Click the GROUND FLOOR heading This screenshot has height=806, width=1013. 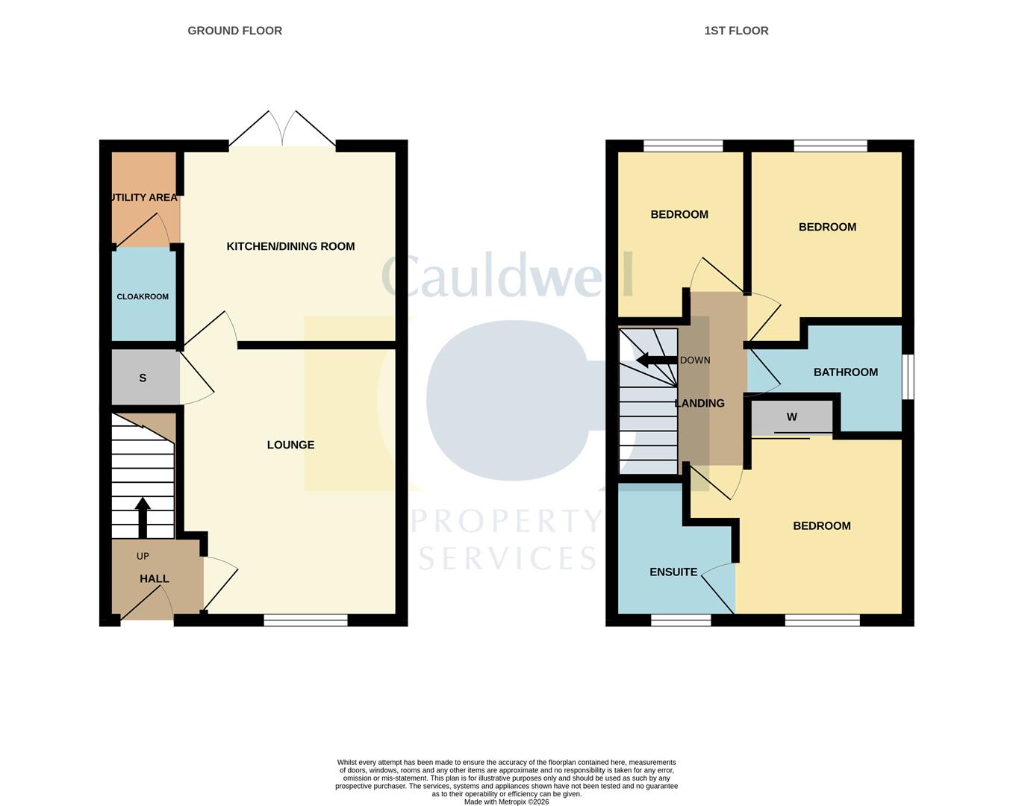point(234,31)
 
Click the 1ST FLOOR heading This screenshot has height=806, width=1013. point(736,31)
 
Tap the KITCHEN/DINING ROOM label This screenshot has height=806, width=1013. point(290,246)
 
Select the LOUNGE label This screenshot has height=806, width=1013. point(290,445)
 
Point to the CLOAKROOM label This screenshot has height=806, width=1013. point(143,296)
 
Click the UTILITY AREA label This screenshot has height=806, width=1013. point(143,198)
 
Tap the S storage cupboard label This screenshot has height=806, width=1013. point(143,378)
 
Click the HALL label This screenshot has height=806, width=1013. point(155,578)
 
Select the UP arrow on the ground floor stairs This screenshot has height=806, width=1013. point(143,517)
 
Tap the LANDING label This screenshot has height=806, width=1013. point(699,403)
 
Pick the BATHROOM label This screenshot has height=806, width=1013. point(845,372)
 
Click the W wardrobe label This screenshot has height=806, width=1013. point(792,417)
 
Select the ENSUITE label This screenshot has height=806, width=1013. point(673,572)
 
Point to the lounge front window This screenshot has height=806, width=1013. point(305,619)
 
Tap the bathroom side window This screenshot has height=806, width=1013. point(908,377)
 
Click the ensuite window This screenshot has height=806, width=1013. point(681,619)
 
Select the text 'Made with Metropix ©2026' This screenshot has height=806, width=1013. point(506,802)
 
